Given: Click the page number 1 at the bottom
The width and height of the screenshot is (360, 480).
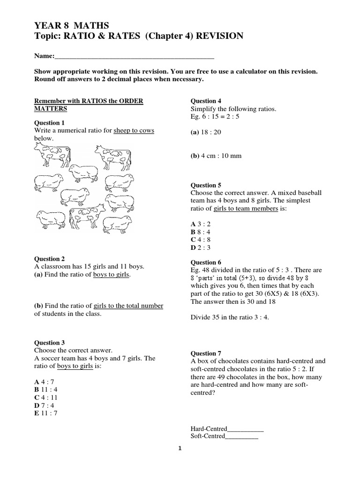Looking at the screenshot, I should [180, 449].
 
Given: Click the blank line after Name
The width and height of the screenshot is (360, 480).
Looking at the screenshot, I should [134, 56].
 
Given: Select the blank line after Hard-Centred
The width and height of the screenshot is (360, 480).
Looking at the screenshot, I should [245, 428].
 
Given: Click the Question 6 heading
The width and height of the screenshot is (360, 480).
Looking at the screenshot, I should [206, 262].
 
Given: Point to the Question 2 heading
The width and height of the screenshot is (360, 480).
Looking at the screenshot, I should [50, 258].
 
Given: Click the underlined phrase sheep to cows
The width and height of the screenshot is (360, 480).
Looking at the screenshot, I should [134, 130].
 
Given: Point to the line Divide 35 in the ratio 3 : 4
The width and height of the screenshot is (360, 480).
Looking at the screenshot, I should [229, 317].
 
